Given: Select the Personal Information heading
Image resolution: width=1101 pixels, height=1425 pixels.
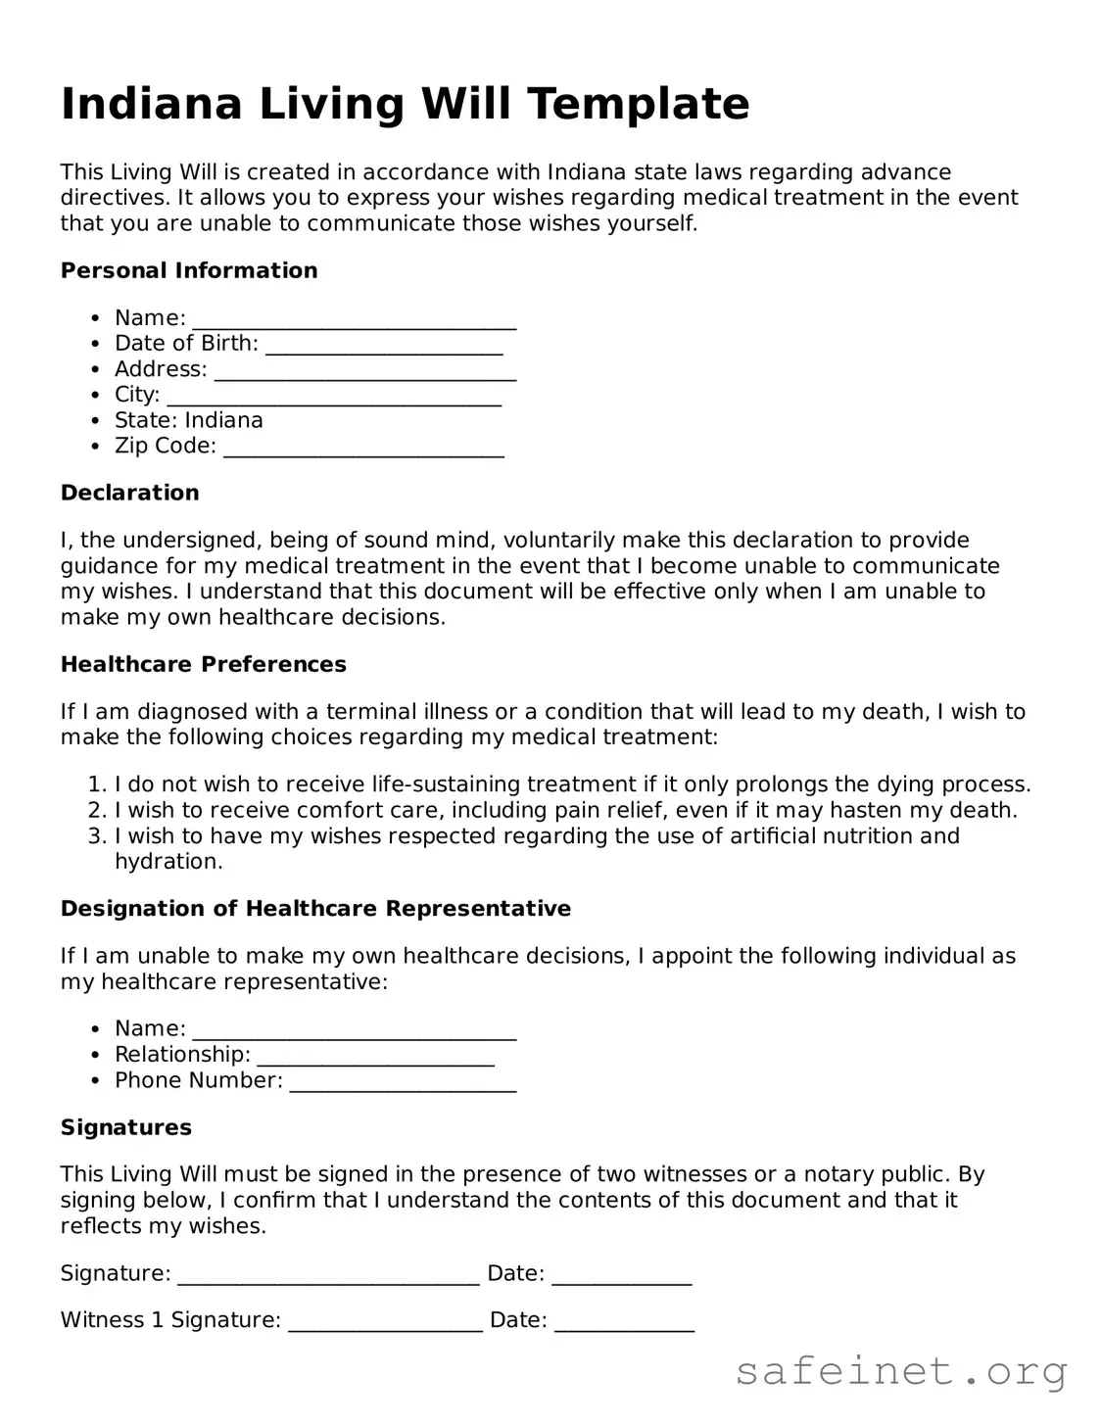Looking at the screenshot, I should [189, 270].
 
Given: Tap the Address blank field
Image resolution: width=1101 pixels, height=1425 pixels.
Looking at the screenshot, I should [364, 372].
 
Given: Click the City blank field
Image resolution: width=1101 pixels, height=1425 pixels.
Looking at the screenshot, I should [334, 398].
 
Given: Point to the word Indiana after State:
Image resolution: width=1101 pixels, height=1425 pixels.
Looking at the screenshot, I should [223, 420].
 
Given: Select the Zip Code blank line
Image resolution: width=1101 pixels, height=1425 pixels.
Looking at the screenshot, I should [363, 450].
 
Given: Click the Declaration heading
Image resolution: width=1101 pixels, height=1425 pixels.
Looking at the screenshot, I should [130, 493].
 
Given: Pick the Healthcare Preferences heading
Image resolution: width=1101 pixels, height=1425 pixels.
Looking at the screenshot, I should [204, 664].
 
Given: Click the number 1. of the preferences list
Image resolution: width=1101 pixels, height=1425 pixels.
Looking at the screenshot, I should [96, 784].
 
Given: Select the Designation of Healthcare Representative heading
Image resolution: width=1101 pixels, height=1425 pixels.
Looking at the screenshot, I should [315, 909].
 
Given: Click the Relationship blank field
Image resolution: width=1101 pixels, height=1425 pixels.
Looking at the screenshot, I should [375, 1058].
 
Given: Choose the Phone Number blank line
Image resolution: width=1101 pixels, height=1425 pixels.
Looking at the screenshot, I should [403, 1083].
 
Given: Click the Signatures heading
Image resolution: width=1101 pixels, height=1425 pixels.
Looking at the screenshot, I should [126, 1127].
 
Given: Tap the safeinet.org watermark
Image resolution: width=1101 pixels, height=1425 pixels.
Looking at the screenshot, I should [901, 1372].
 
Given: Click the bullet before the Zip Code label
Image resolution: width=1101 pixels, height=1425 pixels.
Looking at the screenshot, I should [95, 447].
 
